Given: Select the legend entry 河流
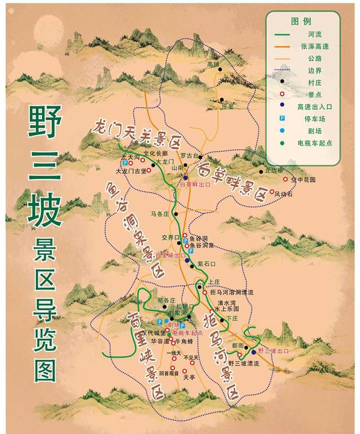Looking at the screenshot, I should pos(307,34).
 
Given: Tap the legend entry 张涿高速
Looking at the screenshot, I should pos(313,46).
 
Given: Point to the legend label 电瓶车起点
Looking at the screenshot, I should pos(316,143).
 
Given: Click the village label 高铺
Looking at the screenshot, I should pos(213,64).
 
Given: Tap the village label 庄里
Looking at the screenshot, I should pos(227,105).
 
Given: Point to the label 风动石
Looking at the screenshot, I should pos(283,194).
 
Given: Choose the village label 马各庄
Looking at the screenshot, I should pos(160,214).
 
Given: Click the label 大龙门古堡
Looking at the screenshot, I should pos(130,170).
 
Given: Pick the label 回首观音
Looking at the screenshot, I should pos(169,373).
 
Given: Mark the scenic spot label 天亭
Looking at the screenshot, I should pos(188,378).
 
